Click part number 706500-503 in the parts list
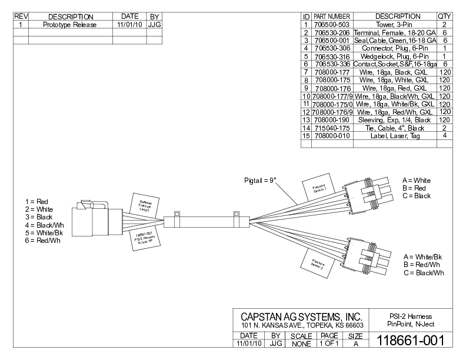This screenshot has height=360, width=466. pos(332,25)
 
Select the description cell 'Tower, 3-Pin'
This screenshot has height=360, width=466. pos(397,25)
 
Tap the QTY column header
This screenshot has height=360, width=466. pos(444,16)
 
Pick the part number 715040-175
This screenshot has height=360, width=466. pos(332,128)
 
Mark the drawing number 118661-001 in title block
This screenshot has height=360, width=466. pos(410,341)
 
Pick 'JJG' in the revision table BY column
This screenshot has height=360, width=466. pos(155,25)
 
